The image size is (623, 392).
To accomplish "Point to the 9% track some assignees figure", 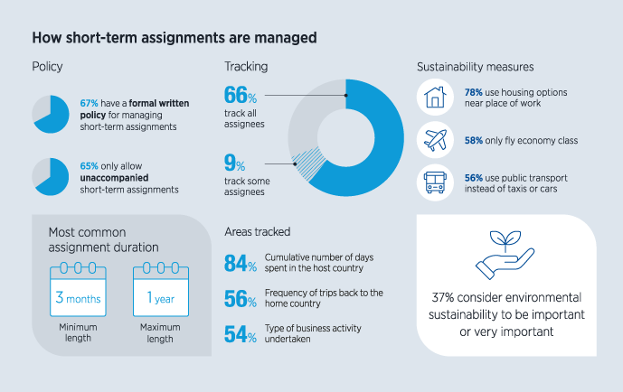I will pos(234,163).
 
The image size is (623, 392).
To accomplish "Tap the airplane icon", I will pos(435,141).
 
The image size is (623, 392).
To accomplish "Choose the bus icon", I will pos(435,183).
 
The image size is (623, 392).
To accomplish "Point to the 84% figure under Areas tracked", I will pos(240,264).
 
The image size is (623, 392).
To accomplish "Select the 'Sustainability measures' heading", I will pos(475,67).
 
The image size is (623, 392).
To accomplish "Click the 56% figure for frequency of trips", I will pos(240,300).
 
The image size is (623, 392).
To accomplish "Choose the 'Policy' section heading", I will pos(47,67).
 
